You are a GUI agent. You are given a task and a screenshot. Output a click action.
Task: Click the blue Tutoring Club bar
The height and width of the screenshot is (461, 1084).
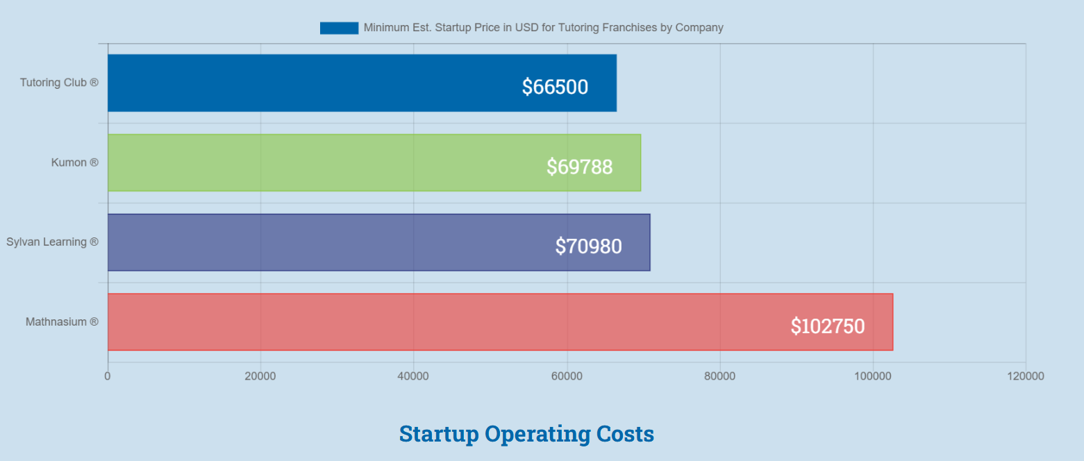(x=312, y=83)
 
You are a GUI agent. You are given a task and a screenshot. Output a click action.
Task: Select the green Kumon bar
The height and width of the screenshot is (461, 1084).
(x=326, y=162)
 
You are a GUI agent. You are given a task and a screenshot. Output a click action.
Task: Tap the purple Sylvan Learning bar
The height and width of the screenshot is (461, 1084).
(x=333, y=242)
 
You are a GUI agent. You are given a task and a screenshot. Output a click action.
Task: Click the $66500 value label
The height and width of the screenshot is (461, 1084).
(x=555, y=87)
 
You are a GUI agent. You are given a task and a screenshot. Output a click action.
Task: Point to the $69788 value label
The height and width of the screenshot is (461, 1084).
(x=579, y=167)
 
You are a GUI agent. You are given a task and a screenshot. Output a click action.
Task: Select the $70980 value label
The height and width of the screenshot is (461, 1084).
(x=588, y=246)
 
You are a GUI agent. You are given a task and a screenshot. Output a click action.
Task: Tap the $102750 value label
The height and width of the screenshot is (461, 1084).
(x=827, y=326)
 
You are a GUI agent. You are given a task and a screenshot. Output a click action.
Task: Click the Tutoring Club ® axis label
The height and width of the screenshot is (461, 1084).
(x=59, y=83)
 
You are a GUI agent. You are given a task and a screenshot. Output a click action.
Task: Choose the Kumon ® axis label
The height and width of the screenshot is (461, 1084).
(x=74, y=162)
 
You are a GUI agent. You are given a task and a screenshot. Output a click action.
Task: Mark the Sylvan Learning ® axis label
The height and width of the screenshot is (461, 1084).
(x=52, y=242)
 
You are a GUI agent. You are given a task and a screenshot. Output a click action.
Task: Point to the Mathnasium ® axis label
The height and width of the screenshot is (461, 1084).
(x=62, y=322)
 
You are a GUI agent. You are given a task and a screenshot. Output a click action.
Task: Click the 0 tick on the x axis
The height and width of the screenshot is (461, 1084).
(x=108, y=376)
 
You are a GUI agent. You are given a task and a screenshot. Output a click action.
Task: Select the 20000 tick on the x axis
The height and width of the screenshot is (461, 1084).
(x=260, y=376)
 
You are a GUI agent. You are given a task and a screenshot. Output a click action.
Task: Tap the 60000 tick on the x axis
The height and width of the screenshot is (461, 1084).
(x=567, y=376)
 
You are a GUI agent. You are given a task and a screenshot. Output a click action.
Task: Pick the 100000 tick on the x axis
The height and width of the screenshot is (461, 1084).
(x=872, y=376)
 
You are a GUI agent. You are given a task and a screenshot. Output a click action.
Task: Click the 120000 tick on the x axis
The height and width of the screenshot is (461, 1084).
(x=1026, y=376)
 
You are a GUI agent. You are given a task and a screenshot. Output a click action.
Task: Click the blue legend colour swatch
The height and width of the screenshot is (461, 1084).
(x=339, y=28)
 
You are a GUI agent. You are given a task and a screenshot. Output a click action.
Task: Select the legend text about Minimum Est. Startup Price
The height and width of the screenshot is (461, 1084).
(x=543, y=28)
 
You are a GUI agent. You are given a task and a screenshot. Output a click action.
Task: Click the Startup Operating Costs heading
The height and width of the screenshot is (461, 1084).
(x=526, y=434)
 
